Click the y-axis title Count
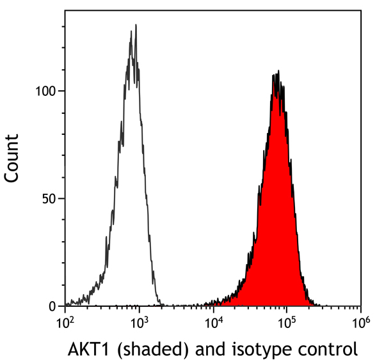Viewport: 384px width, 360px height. tap(12, 159)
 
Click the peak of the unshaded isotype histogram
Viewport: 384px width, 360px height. tap(135, 26)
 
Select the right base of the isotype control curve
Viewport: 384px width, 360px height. tap(163, 304)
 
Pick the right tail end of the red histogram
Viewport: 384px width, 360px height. tap(315, 304)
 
